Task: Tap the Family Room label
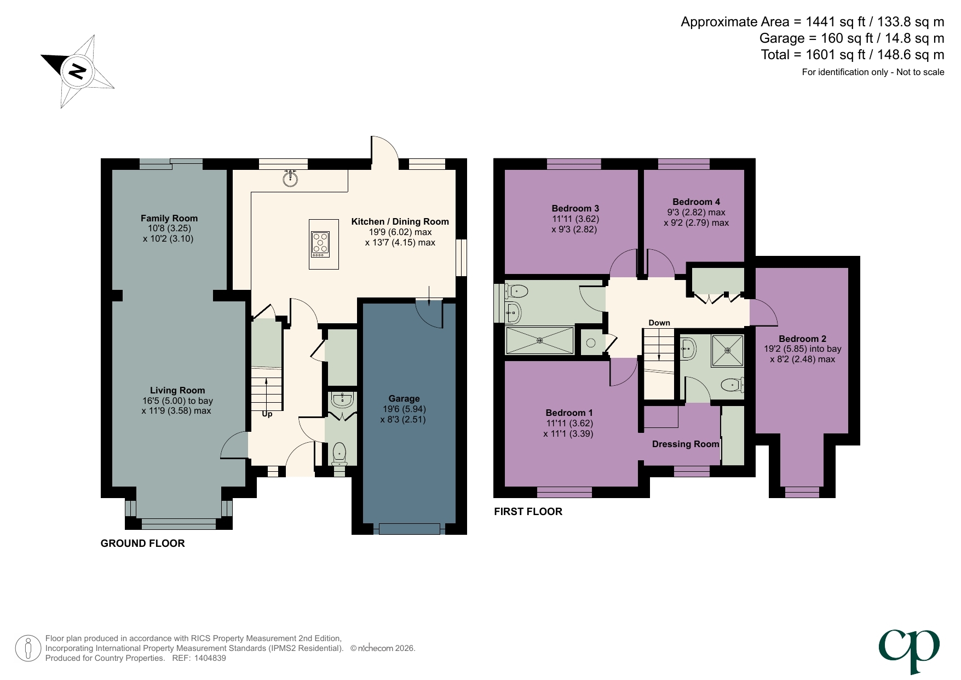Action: point(169,218)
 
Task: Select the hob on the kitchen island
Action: point(320,244)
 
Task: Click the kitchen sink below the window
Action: point(290,178)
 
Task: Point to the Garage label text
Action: point(404,398)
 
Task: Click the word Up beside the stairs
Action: point(267,414)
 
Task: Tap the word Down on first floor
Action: point(659,323)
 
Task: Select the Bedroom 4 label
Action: point(696,202)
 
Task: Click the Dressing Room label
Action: point(685,444)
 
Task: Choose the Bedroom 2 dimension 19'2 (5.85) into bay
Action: point(802,349)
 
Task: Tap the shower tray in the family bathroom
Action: point(539,340)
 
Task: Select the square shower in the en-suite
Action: point(727,351)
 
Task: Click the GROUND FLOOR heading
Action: point(142,543)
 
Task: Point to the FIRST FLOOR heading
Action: point(528,511)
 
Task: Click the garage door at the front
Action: point(409,529)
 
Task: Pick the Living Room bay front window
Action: point(179,524)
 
